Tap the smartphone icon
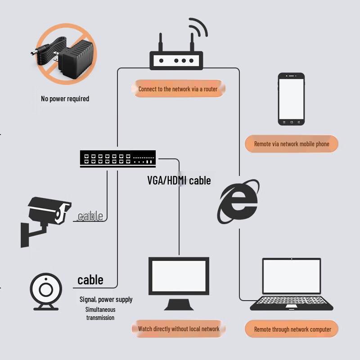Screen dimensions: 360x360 [291, 99]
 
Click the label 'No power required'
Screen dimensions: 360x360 [65, 99]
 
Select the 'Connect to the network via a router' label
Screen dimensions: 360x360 [178, 89]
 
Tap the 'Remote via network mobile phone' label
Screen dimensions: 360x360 [292, 144]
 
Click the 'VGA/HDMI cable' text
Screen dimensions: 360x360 [179, 180]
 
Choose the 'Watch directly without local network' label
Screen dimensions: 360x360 [179, 329]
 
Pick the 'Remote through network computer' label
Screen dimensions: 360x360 [292, 329]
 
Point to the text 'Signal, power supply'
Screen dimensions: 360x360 [106, 299]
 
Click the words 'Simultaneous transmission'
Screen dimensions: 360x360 [100, 313]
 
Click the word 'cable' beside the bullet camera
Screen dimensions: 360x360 [90, 216]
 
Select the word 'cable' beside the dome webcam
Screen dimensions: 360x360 [90, 280]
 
